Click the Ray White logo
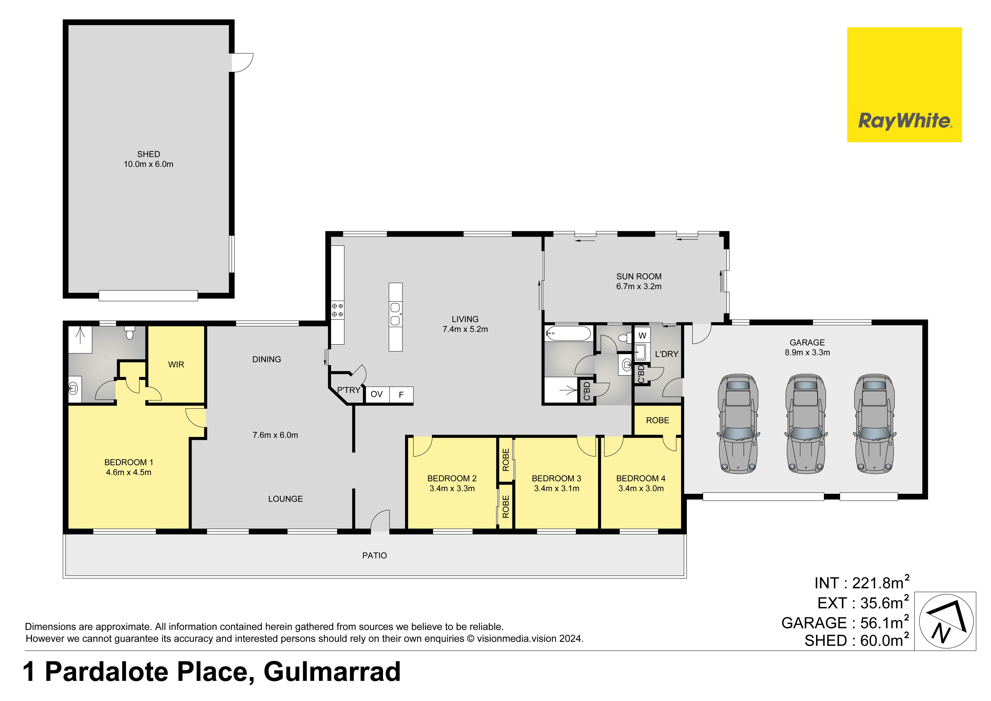(904, 85)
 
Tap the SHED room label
(149, 154)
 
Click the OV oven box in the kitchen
(377, 395)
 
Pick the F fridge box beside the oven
(401, 395)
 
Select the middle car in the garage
(805, 424)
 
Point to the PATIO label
(375, 556)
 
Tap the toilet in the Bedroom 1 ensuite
(129, 333)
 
